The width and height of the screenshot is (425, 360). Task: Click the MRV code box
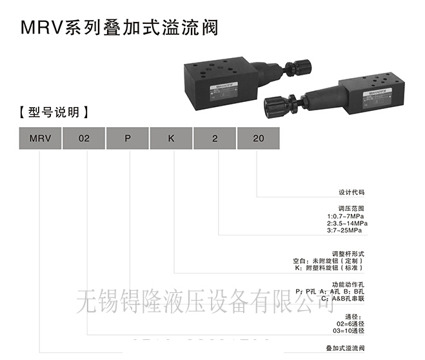point(40,139)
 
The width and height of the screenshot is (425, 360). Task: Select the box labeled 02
point(84,139)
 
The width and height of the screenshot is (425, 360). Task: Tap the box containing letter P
point(128,139)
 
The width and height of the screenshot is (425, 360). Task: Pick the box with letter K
point(172,139)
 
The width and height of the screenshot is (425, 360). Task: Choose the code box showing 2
point(215,139)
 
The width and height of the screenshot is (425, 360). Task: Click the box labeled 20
point(259,139)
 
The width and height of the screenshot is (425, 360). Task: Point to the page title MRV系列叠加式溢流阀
point(119,28)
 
